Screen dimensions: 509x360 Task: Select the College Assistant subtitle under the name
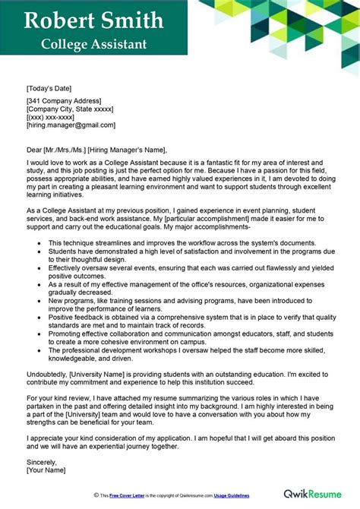[95, 43]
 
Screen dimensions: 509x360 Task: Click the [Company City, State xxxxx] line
[70, 109]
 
